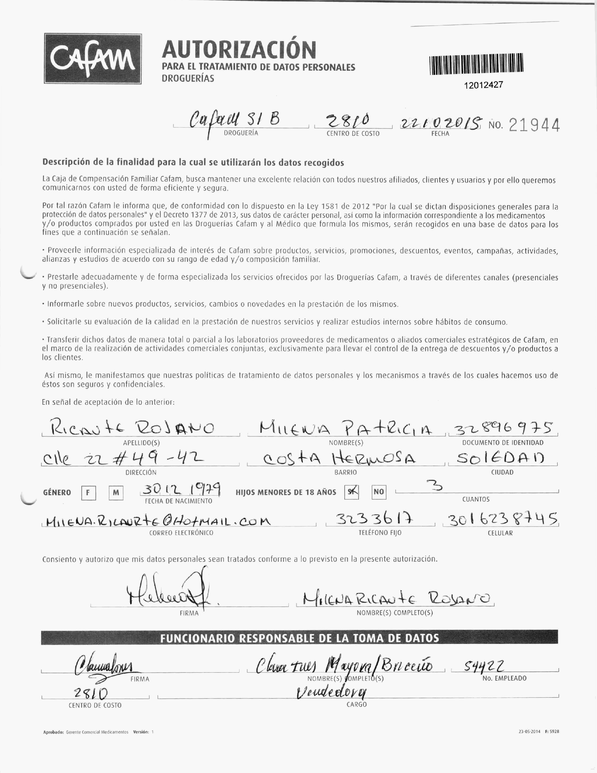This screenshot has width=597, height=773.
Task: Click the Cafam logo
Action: click(93, 59)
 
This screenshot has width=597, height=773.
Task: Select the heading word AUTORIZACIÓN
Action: click(239, 50)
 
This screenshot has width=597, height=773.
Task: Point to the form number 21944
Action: click(534, 125)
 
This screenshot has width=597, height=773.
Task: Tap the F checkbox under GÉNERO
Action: click(88, 493)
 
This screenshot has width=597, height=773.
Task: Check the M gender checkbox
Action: click(116, 493)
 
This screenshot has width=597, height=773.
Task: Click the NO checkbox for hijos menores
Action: click(379, 492)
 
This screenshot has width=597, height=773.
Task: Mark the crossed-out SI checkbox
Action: click(351, 492)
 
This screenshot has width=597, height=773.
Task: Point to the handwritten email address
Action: click(157, 521)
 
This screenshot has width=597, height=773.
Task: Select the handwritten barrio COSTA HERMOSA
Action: click(339, 459)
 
